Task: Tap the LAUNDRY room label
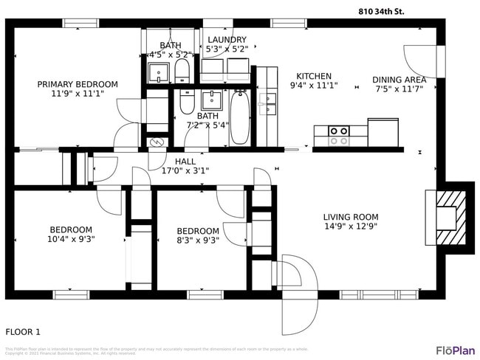point(227,40)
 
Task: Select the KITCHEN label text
point(314,76)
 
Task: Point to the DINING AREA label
point(399,80)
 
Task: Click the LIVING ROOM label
point(351,217)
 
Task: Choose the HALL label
point(185,161)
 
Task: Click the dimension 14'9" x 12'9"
point(351,226)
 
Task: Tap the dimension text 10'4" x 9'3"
point(71,239)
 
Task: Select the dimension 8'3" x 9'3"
point(197,240)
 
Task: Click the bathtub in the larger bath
point(240,117)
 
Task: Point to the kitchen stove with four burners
point(339,136)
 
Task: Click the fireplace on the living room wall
point(448,217)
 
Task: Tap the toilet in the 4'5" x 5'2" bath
point(182,72)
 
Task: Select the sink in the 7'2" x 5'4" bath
point(211,100)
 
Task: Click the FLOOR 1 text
point(23,332)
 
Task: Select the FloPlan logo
point(455,350)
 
